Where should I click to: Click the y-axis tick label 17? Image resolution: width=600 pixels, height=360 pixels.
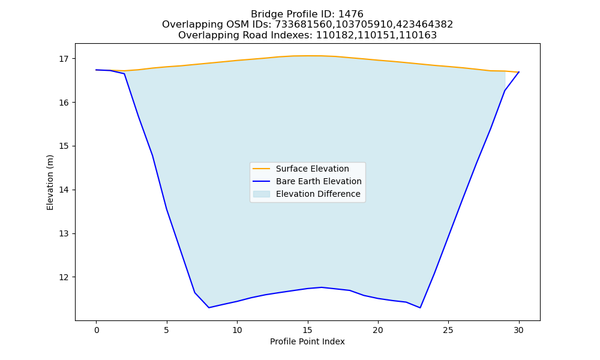pos(64,59)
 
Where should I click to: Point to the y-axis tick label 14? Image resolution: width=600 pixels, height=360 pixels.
pos(64,190)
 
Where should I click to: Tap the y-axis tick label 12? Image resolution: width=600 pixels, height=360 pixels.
pos(64,277)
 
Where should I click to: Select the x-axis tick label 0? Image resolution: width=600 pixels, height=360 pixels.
pos(97,330)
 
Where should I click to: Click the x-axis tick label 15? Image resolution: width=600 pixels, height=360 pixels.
pos(308,330)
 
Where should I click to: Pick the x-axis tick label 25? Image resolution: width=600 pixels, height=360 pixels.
pos(448,330)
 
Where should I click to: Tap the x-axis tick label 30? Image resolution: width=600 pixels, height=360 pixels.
pos(519,330)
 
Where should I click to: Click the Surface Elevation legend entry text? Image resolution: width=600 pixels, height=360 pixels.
pos(312,169)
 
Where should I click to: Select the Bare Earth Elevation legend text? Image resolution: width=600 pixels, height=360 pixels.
pos(319,181)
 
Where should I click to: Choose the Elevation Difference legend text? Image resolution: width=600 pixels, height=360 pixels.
pos(318,194)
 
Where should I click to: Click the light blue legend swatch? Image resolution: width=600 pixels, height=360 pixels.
pos(262,194)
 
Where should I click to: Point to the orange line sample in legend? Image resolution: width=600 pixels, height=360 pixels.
pos(262,169)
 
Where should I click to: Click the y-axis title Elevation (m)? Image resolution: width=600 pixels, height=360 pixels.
pos(50,182)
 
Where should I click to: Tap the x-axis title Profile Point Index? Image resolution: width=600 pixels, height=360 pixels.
pos(307,341)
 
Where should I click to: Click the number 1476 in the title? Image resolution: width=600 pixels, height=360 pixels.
pos(351,14)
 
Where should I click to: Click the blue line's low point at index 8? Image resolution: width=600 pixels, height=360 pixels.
pos(209,308)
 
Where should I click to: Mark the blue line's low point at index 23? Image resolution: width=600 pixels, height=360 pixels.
pos(420,308)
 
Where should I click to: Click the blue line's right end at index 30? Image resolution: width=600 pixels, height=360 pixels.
pos(519,72)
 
